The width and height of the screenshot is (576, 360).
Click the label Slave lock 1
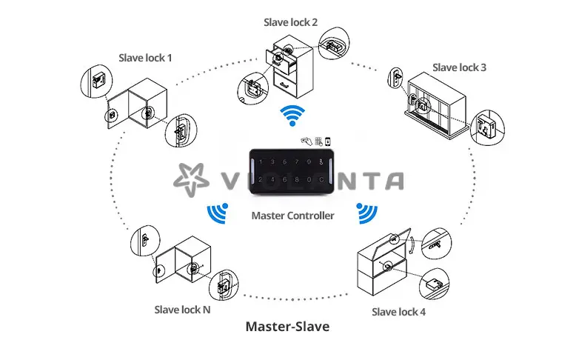[x=146, y=57]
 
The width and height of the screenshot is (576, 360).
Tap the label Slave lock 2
[x=291, y=22]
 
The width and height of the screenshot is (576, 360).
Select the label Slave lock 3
[x=459, y=67]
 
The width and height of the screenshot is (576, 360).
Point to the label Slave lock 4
[x=398, y=312]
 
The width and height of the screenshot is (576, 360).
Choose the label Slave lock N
[x=182, y=310]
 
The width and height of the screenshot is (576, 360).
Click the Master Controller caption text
[x=293, y=216]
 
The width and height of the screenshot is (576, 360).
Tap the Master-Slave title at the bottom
[x=287, y=326]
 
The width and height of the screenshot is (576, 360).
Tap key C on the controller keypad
[x=321, y=179]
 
